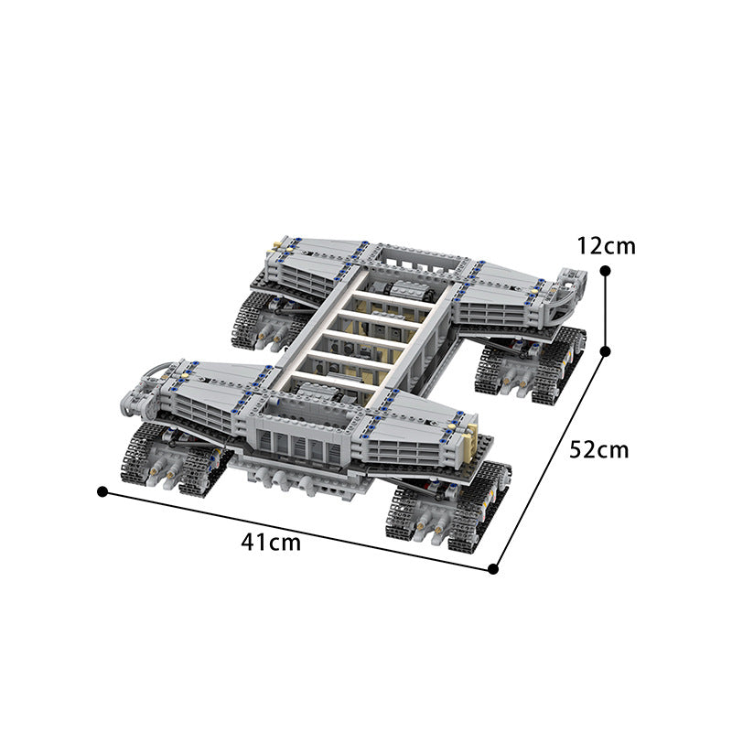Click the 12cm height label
606,245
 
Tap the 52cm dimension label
599,449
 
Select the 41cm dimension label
270,542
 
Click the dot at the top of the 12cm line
605,270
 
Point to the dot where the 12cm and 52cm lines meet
605,350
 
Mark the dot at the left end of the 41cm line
102,491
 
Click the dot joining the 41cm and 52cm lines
493,568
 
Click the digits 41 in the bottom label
254,542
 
